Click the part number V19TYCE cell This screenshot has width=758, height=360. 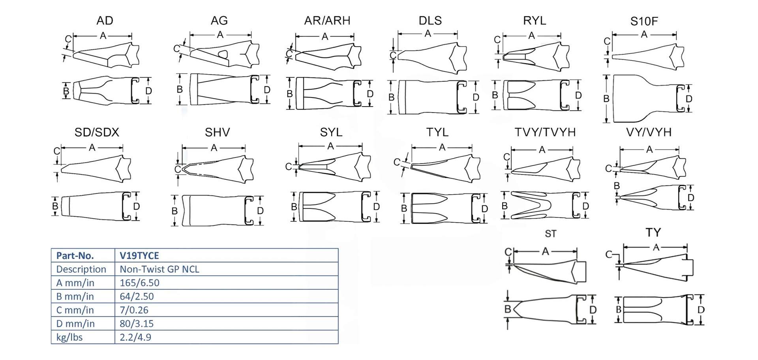[139, 255]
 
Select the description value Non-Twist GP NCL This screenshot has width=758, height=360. [159, 269]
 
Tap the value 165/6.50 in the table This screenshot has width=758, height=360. [139, 283]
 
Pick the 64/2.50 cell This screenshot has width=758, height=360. [137, 296]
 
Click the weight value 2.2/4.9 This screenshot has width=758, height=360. [135, 337]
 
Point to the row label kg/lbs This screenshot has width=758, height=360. [69, 337]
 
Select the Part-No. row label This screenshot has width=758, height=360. [75, 255]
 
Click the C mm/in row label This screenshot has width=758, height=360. [75, 310]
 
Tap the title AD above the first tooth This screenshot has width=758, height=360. [105, 21]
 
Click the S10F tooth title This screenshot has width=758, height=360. [644, 21]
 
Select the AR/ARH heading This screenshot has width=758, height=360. [327, 21]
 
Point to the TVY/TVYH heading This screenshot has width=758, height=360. [545, 132]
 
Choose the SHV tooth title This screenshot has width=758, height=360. [217, 132]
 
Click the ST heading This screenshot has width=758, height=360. [550, 234]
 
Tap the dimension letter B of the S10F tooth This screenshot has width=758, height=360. [606, 99]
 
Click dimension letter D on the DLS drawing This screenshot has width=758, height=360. [476, 97]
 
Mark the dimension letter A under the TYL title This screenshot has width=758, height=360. [442, 147]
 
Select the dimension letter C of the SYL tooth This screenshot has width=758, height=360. [289, 167]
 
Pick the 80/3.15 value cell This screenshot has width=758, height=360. [137, 324]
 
